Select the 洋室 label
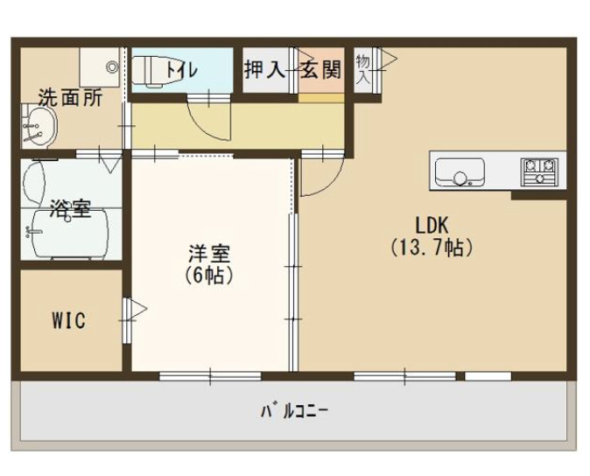(209, 254)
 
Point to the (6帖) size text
(209, 274)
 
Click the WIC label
(67, 320)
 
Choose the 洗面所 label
(69, 97)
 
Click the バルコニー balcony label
(294, 409)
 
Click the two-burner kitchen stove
(540, 170)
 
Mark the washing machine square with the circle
(103, 64)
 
